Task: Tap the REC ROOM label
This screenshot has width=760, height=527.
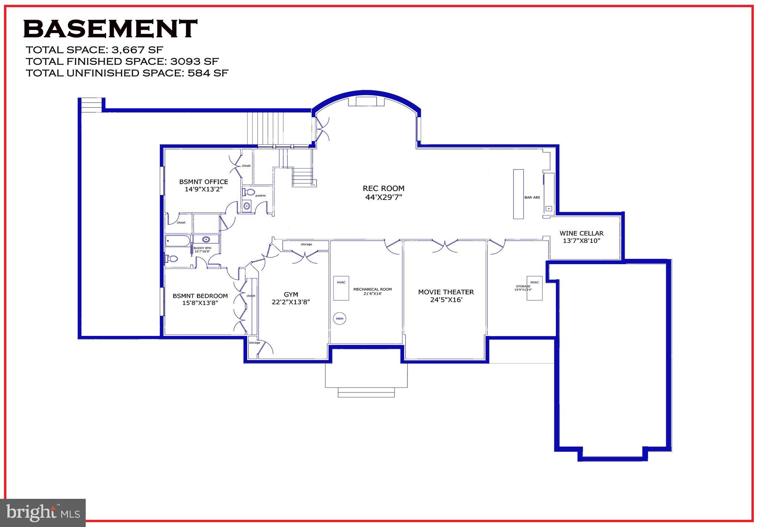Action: point(383,188)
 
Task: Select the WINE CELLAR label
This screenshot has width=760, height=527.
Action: point(581,233)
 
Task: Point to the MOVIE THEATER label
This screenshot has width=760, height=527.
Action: point(446,292)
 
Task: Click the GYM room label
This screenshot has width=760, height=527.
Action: point(291,294)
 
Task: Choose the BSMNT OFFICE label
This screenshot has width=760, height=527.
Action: point(203,182)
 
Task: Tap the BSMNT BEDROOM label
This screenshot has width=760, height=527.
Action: point(200,296)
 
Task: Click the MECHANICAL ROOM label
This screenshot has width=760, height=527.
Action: point(372,289)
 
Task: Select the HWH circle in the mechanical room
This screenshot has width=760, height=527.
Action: point(339,319)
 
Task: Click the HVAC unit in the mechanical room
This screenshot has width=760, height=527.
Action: point(341,288)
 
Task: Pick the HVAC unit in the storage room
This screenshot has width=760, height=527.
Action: point(534,288)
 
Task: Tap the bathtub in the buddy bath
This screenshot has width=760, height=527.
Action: point(178,241)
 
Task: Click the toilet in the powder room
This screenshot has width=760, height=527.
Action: point(249,192)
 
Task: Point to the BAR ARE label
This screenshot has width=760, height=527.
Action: point(532,198)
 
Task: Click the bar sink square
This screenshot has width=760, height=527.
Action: point(548,209)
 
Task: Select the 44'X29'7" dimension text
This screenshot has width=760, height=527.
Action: point(383,197)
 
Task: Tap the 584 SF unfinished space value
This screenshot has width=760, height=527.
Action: point(208,73)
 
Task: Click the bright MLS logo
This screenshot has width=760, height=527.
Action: point(43,513)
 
